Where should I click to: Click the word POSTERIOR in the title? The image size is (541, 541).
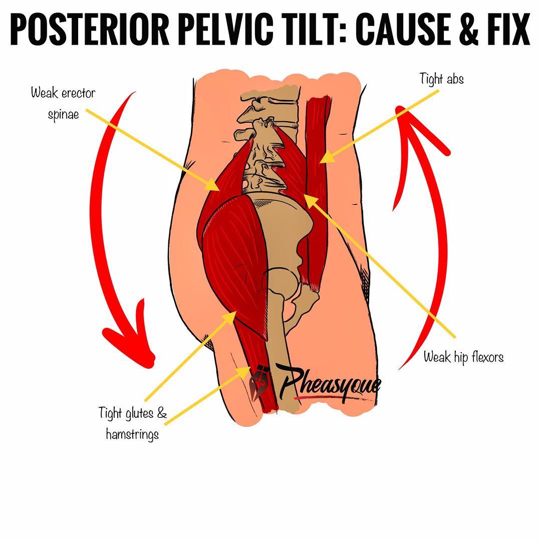point(89,30)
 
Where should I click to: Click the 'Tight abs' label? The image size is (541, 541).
point(442,79)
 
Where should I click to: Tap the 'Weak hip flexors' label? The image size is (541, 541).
point(463,357)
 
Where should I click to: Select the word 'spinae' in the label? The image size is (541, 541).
point(64,115)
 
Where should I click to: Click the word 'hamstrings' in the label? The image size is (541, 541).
point(132,434)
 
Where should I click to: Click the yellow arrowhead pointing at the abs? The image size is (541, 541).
point(327,157)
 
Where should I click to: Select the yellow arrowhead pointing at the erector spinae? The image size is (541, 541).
point(213,185)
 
